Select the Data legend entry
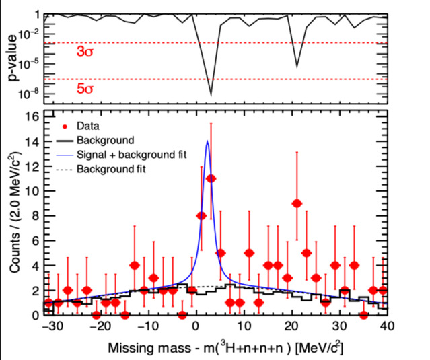(x=87, y=126)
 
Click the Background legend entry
(x=105, y=140)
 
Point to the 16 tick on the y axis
(x=32, y=116)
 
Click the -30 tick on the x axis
(x=48, y=326)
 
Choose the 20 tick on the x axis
(x=289, y=326)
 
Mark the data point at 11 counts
(x=211, y=178)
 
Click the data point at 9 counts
(x=297, y=203)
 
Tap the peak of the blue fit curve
(x=207, y=141)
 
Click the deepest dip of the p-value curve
(x=211, y=95)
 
